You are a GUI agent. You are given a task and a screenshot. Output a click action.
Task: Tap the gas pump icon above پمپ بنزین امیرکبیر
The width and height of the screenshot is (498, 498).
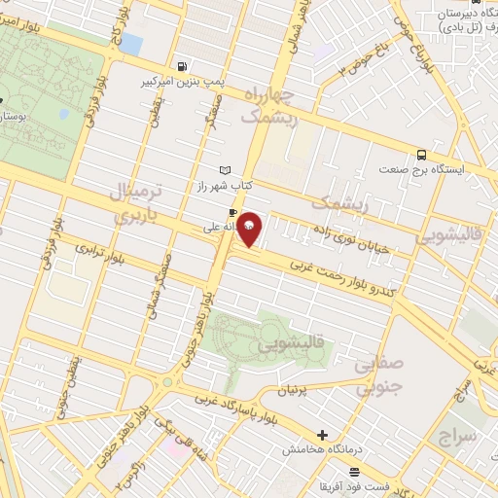182,66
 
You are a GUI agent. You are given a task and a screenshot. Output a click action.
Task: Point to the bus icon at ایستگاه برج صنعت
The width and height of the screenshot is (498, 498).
421,154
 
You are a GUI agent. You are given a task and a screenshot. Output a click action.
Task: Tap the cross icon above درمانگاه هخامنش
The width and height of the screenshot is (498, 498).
323,434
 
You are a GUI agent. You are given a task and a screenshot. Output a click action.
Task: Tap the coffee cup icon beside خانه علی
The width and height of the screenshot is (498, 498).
232,211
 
